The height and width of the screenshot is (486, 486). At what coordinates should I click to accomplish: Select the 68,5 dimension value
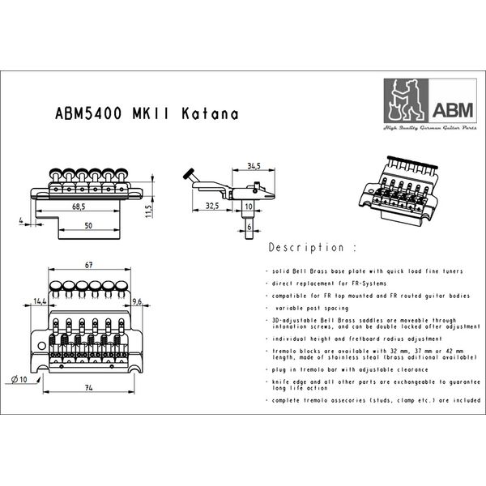click(79, 207)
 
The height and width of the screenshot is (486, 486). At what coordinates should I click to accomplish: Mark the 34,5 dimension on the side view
click(254, 166)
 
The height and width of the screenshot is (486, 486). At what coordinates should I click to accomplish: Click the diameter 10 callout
click(19, 379)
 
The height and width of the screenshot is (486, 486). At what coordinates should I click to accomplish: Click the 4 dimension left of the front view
click(19, 220)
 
